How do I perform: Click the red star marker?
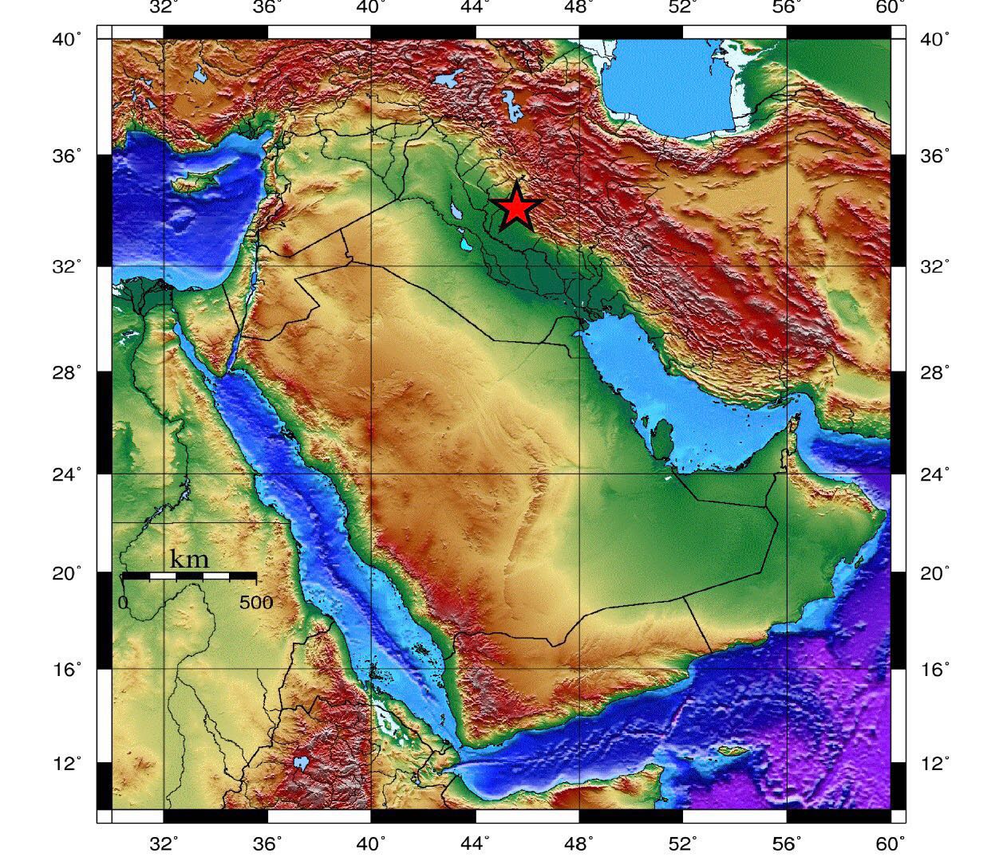pos(518,207)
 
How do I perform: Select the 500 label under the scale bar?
pos(255,602)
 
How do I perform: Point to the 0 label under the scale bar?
pos(124,602)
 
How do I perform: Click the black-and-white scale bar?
pos(189,575)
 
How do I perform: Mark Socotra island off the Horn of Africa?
pos(732,751)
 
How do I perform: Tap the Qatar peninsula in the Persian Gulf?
pos(661,438)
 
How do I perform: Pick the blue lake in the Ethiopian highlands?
pos(301,763)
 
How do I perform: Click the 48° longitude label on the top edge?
pos(579,7)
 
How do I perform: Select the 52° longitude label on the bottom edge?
pos(683,843)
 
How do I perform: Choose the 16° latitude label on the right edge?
pos(935,669)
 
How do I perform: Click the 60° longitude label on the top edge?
pos(890,7)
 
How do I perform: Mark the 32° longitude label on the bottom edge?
pos(164,843)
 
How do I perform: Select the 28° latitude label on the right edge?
pos(935,372)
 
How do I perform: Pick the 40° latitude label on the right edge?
pos(935,39)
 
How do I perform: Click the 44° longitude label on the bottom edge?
pos(476,843)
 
